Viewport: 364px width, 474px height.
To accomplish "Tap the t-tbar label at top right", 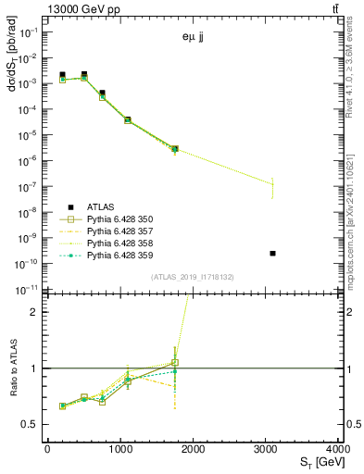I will (x=334, y=8).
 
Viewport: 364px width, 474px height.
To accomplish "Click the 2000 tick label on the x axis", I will (x=193, y=449).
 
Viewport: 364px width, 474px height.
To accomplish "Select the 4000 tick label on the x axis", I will (x=338, y=449).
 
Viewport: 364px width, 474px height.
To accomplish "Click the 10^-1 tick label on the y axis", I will (x=29, y=31).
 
